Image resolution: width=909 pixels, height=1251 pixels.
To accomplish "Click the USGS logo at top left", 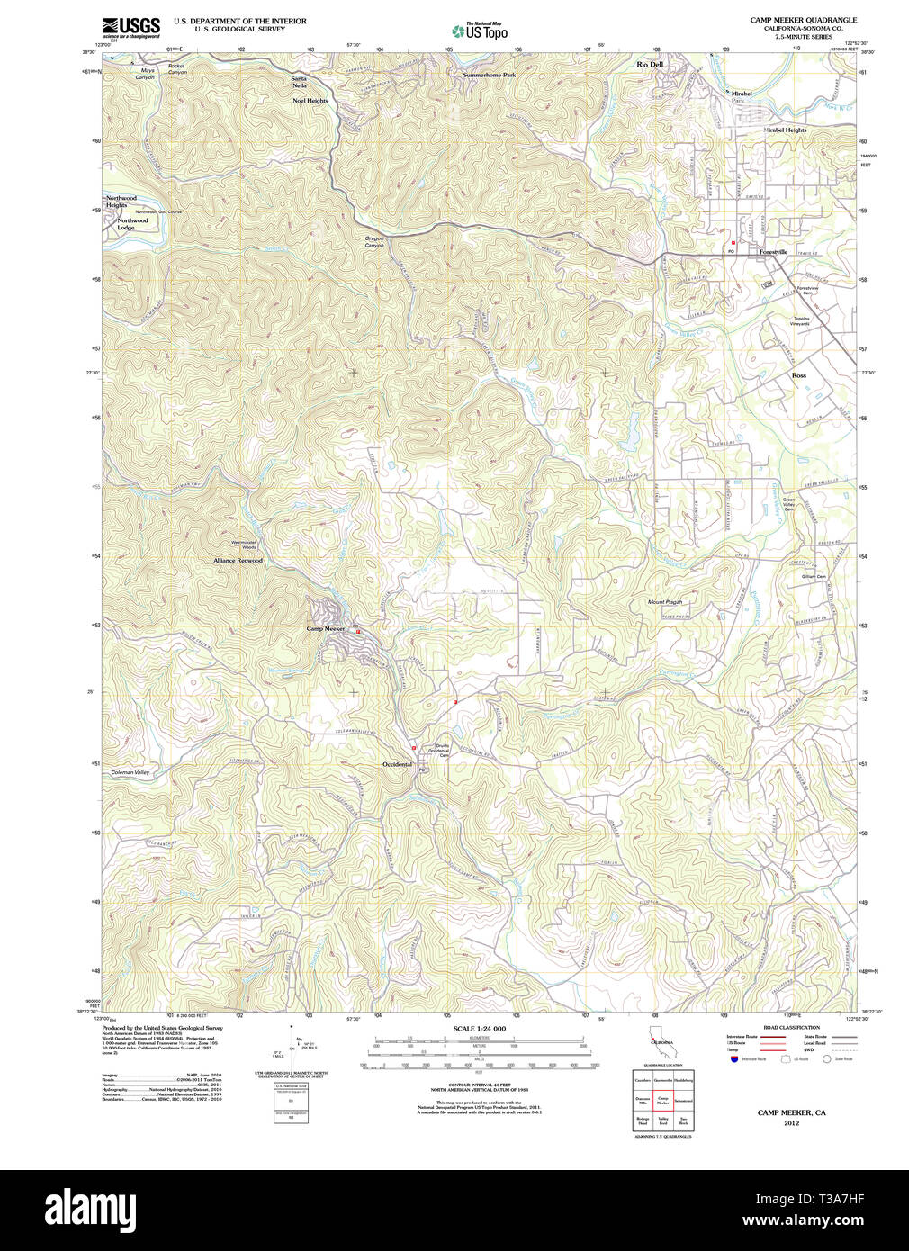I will pos(131,27).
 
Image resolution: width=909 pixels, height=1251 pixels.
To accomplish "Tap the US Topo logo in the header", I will pos(481,31).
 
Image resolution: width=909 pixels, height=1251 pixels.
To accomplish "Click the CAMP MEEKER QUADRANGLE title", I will pos(803,20).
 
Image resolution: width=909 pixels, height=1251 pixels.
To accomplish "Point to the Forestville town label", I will pos(773,252).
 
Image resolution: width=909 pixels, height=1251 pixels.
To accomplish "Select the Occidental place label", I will pos(397,764).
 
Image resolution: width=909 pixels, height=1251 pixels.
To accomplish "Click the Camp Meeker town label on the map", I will pos(326,628).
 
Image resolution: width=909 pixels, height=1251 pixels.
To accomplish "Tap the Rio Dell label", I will pos(650,65).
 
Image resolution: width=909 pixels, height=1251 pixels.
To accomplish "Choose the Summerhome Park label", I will pos(490,76).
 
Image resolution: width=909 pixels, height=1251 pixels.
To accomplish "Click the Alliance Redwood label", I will pos(238,560).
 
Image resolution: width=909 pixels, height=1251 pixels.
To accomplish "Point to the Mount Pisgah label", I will pos(665,602).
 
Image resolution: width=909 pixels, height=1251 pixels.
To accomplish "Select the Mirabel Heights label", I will pos(785,130).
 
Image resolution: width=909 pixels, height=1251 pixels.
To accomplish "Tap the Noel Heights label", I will pos(310,101).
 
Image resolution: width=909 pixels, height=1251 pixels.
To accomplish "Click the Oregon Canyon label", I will pos(374,241).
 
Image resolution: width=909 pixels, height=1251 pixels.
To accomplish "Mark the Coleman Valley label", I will pos(130,772).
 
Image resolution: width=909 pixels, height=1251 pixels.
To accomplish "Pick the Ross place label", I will pos(798,375).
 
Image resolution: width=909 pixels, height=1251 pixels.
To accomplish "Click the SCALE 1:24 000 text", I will pos(479,1028).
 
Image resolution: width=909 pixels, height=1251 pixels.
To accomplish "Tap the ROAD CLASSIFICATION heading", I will pos(791,1027).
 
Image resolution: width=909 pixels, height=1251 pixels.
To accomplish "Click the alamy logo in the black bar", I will pos(90,1209).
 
